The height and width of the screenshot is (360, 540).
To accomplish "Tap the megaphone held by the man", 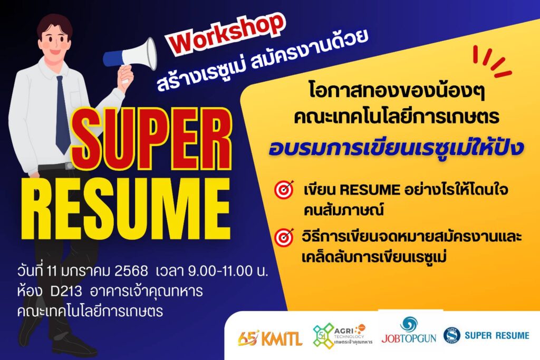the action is click(130, 56).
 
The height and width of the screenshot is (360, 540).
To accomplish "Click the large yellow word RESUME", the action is click(126, 208).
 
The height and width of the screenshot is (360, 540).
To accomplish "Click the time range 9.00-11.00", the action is click(220, 271).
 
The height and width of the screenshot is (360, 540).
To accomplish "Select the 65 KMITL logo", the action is click(269, 338).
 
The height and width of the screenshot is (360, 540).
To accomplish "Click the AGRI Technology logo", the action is click(342, 336).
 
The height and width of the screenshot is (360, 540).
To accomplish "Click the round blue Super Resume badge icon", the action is click(452, 336).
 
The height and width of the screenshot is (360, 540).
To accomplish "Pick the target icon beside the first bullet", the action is click(284, 189).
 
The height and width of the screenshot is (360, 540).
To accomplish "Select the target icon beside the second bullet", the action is click(284, 237).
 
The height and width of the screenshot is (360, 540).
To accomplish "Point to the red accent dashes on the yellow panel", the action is click(492, 61).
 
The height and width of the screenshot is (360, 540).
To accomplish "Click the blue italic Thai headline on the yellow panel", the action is click(396, 148).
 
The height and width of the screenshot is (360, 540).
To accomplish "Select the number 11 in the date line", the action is click(52, 271).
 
